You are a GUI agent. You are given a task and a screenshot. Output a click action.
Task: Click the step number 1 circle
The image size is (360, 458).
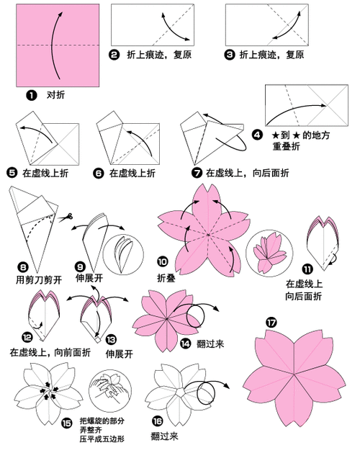(31, 94)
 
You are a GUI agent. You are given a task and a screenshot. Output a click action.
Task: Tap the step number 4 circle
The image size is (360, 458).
(257, 134)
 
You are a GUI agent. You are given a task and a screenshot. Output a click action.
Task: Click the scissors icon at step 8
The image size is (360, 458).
(68, 217)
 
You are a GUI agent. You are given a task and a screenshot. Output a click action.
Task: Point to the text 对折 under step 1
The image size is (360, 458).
(55, 94)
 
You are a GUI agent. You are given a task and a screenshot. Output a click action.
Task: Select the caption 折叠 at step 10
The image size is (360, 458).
(166, 277)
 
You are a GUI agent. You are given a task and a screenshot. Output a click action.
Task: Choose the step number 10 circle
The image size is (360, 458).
(163, 263)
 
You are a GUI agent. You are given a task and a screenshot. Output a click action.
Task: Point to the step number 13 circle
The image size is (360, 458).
(110, 338)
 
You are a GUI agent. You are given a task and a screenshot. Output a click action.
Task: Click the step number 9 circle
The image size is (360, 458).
(81, 265)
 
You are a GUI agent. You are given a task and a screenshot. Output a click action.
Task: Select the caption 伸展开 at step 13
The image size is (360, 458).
(120, 354)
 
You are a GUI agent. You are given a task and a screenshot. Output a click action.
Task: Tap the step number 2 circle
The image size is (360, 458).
(114, 54)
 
